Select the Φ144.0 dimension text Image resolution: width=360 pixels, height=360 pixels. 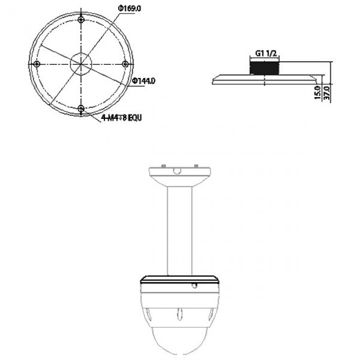point(144,81)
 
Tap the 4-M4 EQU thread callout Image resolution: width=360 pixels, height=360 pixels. point(121,117)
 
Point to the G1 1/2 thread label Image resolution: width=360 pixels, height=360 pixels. point(263,52)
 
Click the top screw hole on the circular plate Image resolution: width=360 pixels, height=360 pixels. point(81,20)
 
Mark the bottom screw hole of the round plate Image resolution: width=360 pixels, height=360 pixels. point(81,108)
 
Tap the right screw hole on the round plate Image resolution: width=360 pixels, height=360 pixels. point(125,64)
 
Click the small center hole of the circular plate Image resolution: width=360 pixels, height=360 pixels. point(81,64)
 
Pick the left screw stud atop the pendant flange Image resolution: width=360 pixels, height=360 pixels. point(161,166)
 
